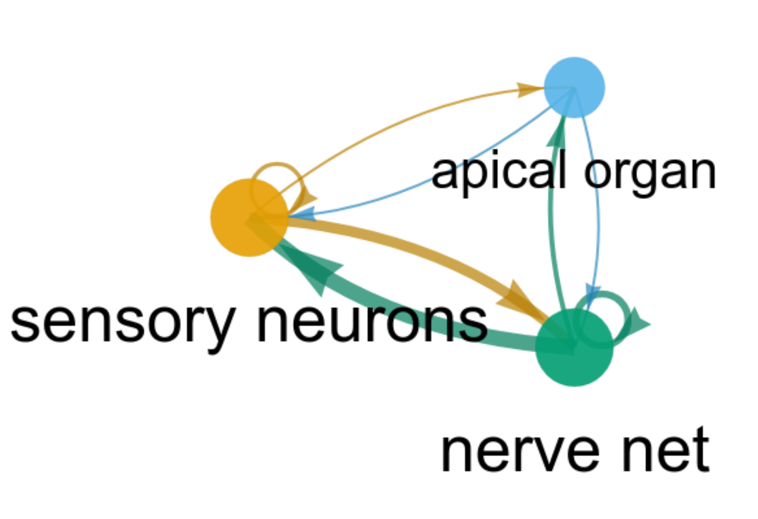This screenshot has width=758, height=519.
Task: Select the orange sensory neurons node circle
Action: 249,218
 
